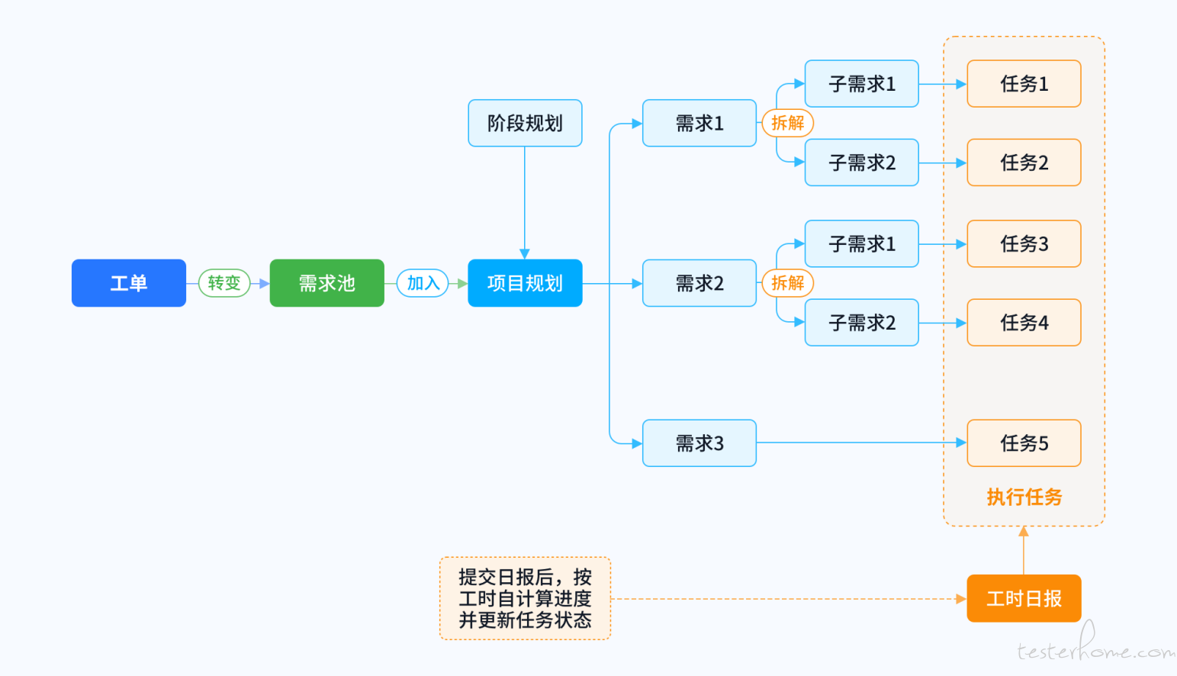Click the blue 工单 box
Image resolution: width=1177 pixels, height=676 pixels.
point(129,283)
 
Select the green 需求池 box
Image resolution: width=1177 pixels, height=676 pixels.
point(326,283)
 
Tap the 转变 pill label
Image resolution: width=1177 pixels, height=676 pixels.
point(224,283)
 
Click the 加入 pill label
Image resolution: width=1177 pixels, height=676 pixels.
point(423,283)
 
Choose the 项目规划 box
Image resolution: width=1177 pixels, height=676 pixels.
point(525,283)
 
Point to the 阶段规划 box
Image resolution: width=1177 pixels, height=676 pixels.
point(525,123)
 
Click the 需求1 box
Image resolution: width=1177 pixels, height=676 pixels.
point(699,123)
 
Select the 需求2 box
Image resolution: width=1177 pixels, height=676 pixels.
point(699,283)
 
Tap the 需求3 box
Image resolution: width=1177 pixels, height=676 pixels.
point(699,443)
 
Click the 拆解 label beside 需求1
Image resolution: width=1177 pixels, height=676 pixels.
point(788,123)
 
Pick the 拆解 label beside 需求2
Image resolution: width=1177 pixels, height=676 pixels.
point(788,283)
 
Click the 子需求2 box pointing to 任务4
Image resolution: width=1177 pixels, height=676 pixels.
point(862,322)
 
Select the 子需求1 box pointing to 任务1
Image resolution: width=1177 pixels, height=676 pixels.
point(862,84)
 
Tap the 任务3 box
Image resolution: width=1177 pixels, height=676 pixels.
point(1024,243)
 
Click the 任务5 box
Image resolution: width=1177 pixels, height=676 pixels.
point(1024,443)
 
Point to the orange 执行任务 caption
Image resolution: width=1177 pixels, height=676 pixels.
point(1024,497)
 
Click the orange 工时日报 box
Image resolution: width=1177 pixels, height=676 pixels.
point(1024,598)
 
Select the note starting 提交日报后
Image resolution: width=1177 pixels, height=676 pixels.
point(525,598)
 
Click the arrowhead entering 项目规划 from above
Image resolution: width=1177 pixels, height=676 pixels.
point(524,254)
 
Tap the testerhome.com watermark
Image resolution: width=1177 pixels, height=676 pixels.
point(1095,645)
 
